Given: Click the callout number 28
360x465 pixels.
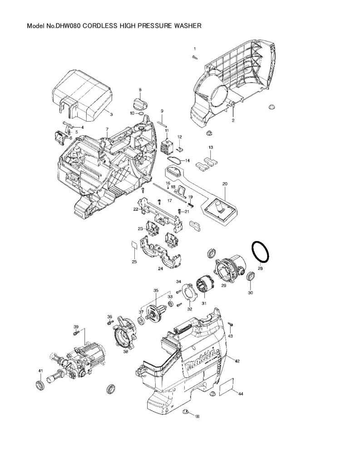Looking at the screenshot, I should coord(260,269).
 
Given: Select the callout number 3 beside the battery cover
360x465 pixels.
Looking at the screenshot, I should coord(111,114).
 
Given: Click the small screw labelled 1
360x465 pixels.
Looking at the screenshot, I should coord(194,57).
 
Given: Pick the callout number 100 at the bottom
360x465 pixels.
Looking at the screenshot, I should coord(197,416).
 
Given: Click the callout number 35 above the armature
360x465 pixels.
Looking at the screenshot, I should coord(155,290).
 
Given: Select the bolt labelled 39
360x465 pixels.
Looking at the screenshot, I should coord(76,333).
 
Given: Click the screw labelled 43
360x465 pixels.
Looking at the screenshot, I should coord(231,324).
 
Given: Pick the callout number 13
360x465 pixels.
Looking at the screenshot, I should coord(211,148).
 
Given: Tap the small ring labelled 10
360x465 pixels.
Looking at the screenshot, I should coord(141,113).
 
